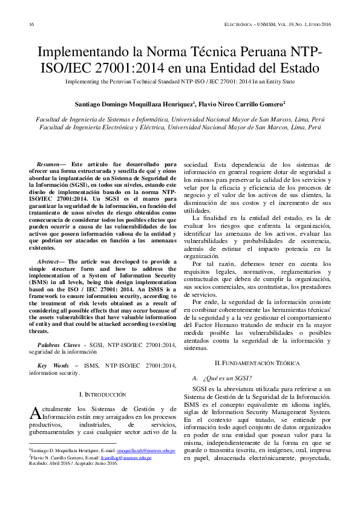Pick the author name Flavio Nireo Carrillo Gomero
[237, 104]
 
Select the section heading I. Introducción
[103, 394]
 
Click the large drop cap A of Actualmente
[35, 413]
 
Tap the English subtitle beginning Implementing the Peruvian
[180, 81]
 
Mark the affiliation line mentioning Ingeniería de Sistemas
[180, 120]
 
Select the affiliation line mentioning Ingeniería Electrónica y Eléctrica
[180, 128]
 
